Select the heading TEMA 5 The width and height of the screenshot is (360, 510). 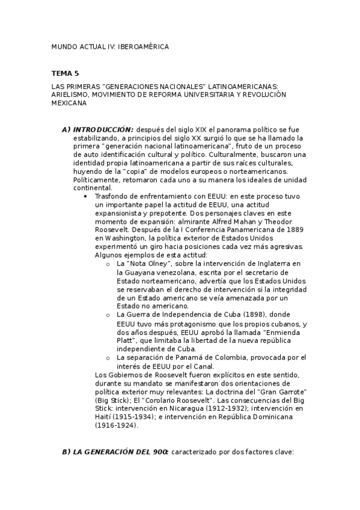click(65, 73)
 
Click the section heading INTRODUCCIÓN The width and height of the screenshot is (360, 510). click(103, 130)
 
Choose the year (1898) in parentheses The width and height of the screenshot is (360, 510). click(255, 314)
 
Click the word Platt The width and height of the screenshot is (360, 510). click(127, 340)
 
